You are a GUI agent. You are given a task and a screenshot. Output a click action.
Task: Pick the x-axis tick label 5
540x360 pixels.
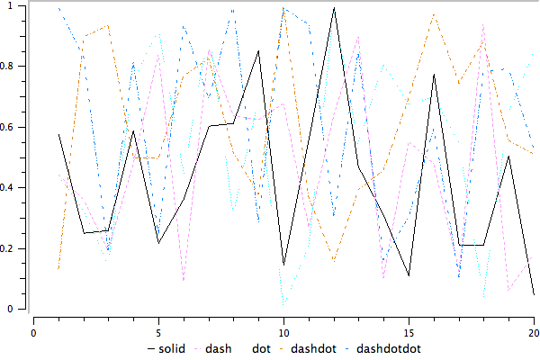click(158, 330)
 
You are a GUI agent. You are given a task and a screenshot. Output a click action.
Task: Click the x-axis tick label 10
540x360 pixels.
click(283, 330)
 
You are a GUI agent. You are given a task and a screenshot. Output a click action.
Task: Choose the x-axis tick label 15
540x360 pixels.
click(409, 330)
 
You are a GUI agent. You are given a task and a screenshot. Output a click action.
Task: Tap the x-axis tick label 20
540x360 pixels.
click(534, 330)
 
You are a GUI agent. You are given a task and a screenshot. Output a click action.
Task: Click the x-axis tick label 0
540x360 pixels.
click(33, 330)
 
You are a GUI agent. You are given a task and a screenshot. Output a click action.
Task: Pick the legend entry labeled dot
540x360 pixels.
click(260, 348)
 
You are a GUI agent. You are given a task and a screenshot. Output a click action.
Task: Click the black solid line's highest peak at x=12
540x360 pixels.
click(334, 8)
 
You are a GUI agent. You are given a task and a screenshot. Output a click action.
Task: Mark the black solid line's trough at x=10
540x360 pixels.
click(283, 265)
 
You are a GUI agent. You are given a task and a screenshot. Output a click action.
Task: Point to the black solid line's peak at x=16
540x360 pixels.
click(434, 75)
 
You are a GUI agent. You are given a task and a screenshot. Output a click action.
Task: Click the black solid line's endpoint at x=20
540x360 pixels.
click(534, 294)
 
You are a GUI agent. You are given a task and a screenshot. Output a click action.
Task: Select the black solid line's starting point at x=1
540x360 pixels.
click(58, 134)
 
